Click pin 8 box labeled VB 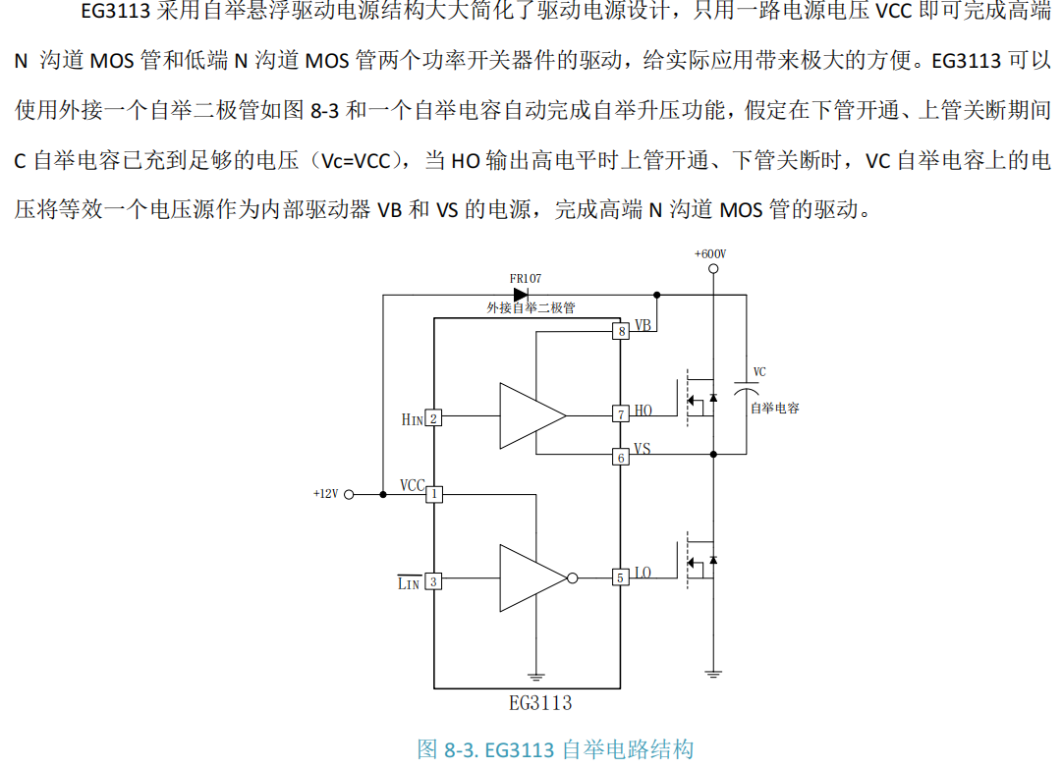pos(621,331)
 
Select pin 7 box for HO pos(621,414)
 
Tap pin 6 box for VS pos(621,457)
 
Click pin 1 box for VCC pos(434,494)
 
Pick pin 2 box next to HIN pos(433,418)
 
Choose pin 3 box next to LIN pos(433,581)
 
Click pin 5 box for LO pos(621,577)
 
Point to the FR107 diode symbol pos(521,294)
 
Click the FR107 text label pos(525,278)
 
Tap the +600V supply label pos(710,253)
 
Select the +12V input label pos(325,494)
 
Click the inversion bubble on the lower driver pos(573,577)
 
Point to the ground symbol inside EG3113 pos(536,676)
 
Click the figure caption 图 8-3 pos(555,749)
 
